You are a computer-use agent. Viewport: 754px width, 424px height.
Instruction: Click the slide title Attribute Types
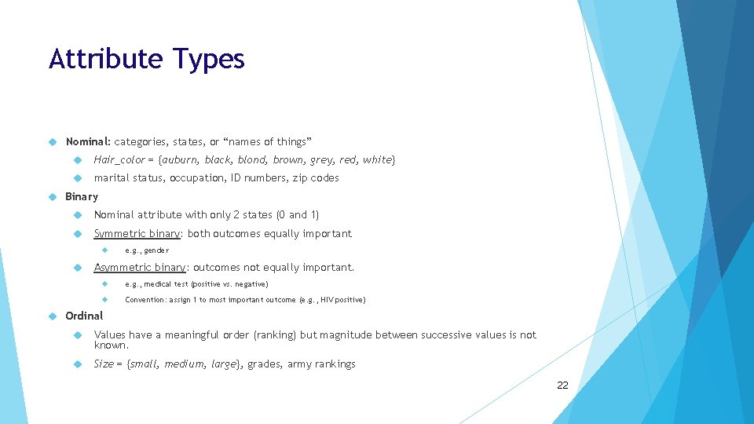[147, 60]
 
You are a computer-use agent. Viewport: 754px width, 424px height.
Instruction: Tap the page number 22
[562, 385]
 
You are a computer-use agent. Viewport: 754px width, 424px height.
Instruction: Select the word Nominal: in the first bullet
[88, 141]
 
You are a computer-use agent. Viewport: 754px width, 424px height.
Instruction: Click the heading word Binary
[82, 196]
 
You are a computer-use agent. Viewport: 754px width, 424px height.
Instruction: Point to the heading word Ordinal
[84, 316]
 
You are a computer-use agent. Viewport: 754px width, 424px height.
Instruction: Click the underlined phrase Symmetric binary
[137, 233]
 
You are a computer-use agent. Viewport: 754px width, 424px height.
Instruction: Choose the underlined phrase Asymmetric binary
[140, 268]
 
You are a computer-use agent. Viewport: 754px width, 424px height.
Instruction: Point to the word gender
[156, 250]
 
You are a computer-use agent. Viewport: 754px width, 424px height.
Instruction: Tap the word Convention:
[145, 300]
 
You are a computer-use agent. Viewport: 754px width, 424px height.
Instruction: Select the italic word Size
[104, 364]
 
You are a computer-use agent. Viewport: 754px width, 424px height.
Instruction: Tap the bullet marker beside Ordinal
[53, 316]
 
